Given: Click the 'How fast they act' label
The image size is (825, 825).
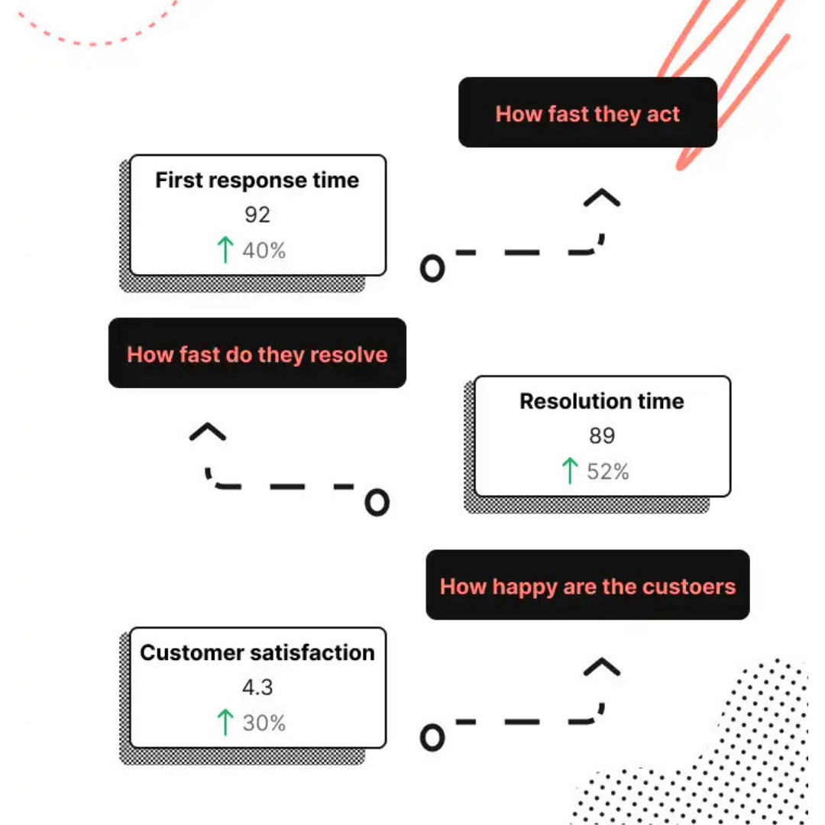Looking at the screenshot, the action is click(x=587, y=114).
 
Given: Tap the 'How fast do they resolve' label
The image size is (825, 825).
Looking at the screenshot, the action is click(x=257, y=354).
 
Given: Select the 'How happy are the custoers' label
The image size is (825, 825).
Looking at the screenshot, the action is click(x=587, y=587).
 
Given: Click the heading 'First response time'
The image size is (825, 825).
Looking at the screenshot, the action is click(x=257, y=180).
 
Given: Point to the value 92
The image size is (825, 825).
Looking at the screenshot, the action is click(x=257, y=215).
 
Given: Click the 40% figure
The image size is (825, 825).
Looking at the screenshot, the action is click(x=264, y=251).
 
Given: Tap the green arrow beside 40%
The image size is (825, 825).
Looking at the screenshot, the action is click(x=225, y=250).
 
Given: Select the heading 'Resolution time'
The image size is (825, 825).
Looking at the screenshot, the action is click(x=602, y=401).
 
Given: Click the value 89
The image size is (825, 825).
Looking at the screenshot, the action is click(x=602, y=435).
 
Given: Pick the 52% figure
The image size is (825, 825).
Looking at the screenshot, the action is click(x=608, y=471).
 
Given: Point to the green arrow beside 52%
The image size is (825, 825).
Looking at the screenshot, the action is click(x=569, y=471).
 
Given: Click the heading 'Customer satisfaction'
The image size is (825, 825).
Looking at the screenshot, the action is click(x=257, y=652).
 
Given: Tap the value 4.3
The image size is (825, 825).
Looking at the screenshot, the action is click(x=257, y=687).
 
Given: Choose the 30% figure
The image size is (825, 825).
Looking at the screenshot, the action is click(x=264, y=723).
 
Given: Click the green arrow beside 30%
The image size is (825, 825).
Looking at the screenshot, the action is click(x=225, y=722).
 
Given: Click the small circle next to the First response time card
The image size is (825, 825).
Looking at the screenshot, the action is click(x=432, y=269).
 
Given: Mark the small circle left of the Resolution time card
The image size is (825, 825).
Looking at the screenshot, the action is click(x=377, y=503).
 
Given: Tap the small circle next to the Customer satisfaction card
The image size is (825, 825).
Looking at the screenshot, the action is click(x=432, y=737).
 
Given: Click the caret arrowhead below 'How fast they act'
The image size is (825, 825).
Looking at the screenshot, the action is click(x=602, y=199).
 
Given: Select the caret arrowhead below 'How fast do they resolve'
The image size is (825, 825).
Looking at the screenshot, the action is click(x=208, y=432).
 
